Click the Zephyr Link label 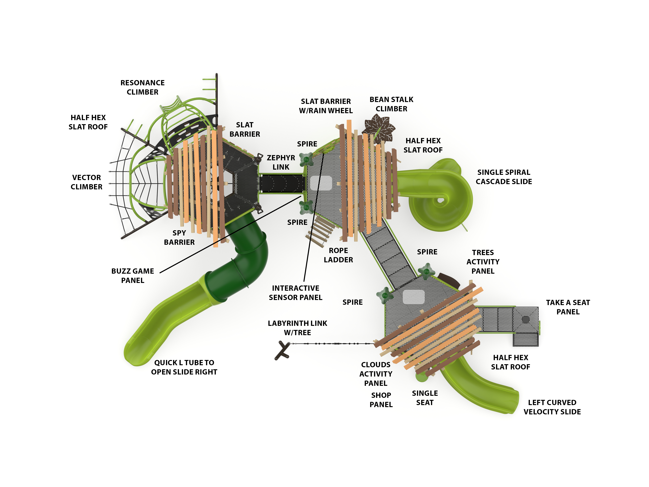281,162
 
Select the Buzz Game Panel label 133,276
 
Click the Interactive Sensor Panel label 295,293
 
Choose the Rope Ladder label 338,255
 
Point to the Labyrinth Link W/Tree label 297,328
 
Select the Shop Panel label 381,400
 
